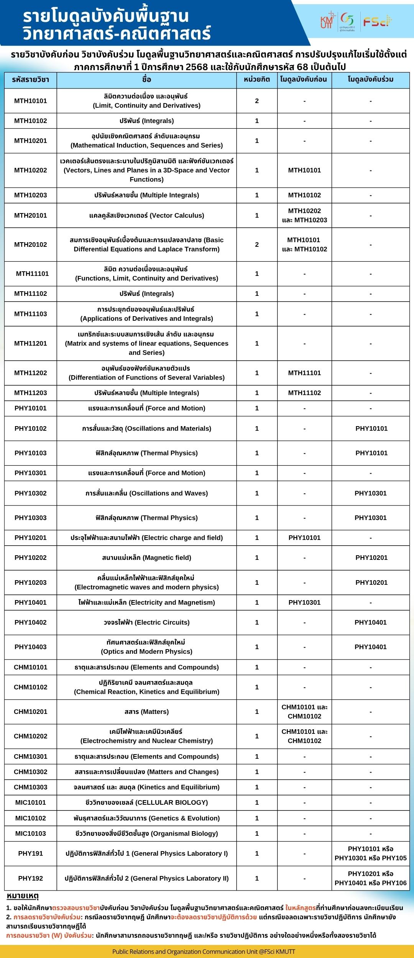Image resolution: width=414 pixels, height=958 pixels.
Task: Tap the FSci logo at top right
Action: [378, 21]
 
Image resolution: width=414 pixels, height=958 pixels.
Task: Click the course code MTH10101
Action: [31, 101]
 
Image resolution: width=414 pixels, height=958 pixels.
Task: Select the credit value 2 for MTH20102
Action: [257, 244]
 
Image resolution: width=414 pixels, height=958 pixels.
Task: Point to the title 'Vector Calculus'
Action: [146, 215]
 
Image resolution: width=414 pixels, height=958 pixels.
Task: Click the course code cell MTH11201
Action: [31, 343]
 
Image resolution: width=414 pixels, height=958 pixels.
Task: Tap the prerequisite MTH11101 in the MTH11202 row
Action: [304, 373]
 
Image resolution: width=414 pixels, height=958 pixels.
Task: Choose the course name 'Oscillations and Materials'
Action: [146, 428]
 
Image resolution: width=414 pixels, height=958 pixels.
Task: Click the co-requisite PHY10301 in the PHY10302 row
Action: [370, 493]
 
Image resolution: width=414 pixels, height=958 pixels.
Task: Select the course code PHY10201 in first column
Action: [31, 538]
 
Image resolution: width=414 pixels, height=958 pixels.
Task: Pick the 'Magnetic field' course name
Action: [146, 558]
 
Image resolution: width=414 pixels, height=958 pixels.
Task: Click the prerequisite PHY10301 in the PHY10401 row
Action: [304, 602]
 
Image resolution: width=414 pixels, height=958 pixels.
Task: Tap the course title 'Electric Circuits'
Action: [146, 622]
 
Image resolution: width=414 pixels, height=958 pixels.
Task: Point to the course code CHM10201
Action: [31, 712]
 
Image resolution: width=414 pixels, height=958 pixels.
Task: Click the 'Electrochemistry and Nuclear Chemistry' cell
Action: [146, 736]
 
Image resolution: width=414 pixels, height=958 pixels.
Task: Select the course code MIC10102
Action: [31, 818]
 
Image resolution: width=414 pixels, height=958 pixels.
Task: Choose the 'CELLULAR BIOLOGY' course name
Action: [146, 802]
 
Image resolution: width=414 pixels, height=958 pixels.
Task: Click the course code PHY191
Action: [31, 853]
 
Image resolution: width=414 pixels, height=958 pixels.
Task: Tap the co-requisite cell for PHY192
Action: [370, 878]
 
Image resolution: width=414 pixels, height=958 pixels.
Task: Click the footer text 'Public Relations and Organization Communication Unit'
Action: [204, 951]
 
